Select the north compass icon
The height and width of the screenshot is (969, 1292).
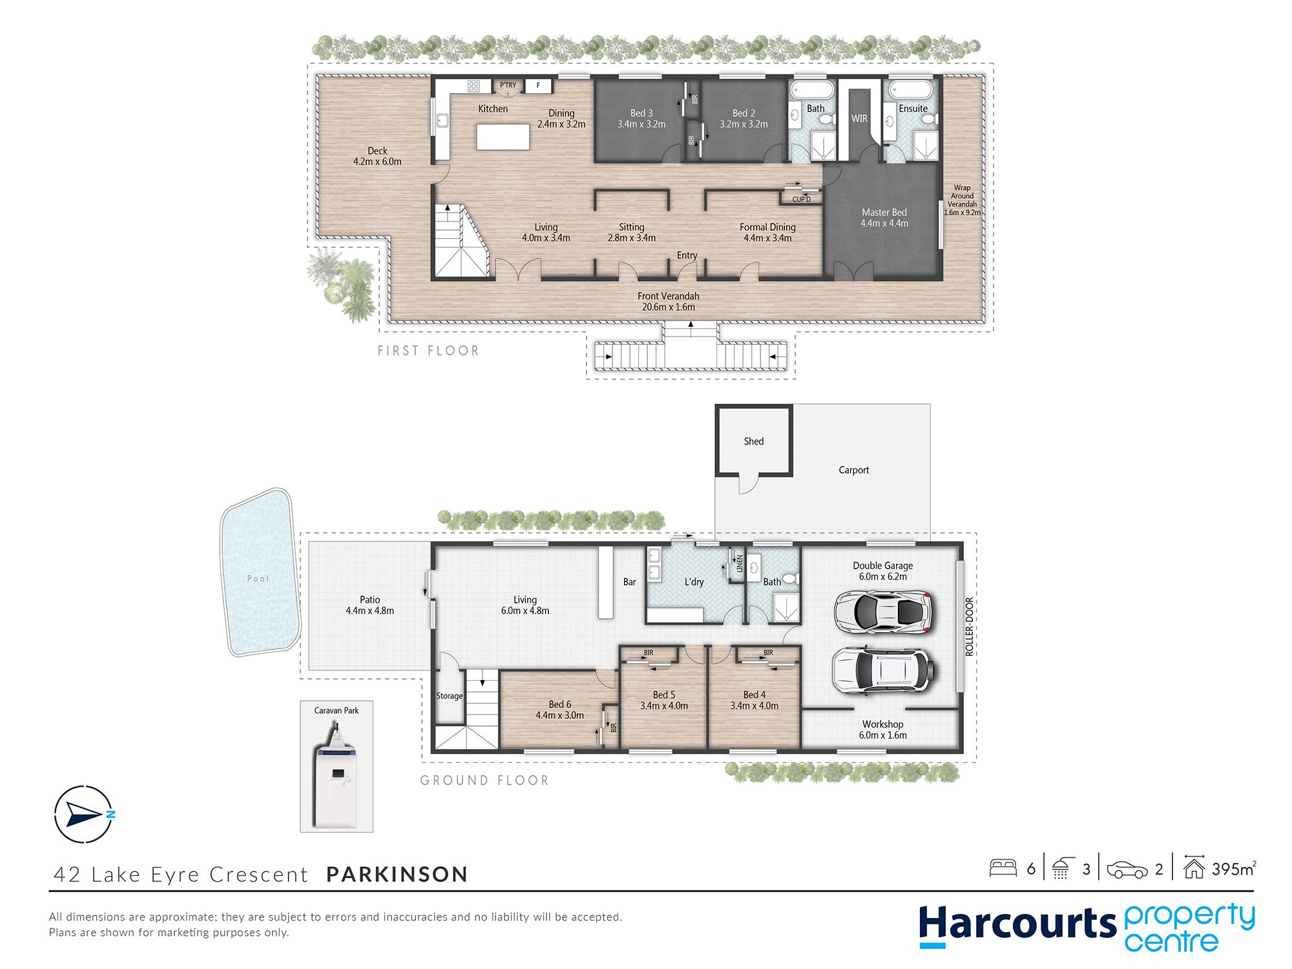[84, 814]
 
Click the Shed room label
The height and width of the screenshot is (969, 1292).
[753, 441]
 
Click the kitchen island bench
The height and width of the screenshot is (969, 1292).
[503, 137]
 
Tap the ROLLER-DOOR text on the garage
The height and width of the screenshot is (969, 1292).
[969, 627]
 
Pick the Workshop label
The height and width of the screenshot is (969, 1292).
[882, 724]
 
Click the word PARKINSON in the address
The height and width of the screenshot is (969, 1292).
[397, 874]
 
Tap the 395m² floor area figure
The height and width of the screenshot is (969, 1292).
[1233, 869]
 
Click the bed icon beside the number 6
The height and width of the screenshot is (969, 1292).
[1003, 868]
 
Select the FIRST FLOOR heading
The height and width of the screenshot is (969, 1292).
[428, 351]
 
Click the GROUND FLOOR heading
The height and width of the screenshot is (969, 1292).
[484, 780]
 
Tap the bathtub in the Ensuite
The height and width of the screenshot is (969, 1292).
[911, 89]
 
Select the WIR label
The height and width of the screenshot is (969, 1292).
[859, 118]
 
